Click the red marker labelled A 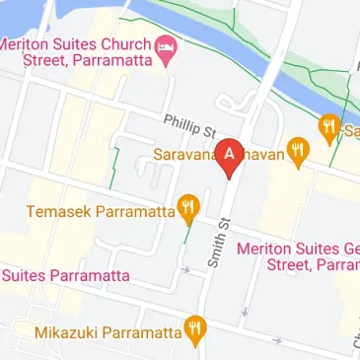pos(230,156)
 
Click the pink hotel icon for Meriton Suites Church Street pos(167,46)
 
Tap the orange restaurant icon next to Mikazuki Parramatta pos(196,330)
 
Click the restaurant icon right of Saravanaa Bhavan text pos(298,152)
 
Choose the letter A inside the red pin pos(230,153)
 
